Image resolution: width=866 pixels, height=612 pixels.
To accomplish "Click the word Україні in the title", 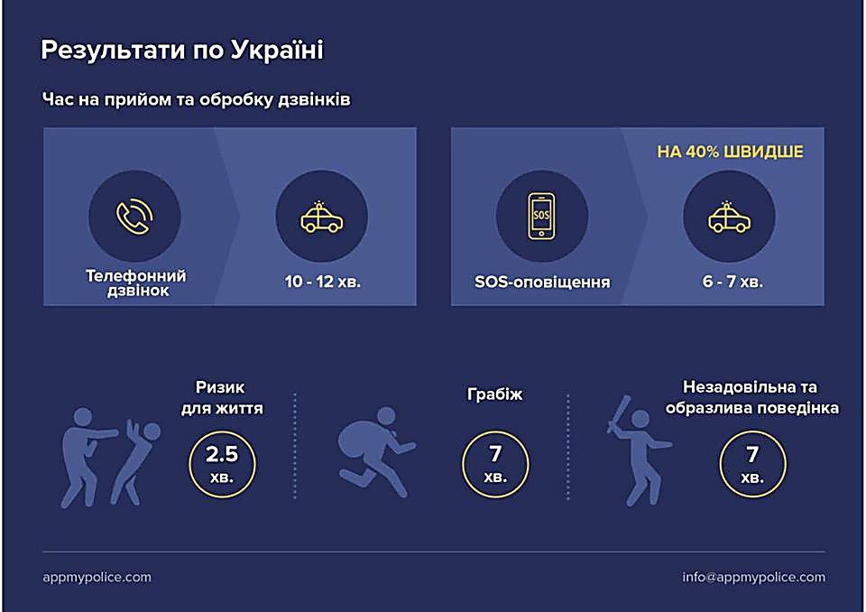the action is [x=276, y=50].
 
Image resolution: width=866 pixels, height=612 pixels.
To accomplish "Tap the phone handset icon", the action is [x=134, y=216].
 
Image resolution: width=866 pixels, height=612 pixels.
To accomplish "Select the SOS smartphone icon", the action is [x=541, y=216].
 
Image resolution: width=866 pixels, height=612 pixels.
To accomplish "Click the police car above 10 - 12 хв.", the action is [x=321, y=217].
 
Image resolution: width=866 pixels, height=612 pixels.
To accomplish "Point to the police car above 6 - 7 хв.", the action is [x=729, y=217].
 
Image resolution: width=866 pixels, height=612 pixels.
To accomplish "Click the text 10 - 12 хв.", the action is [x=323, y=282].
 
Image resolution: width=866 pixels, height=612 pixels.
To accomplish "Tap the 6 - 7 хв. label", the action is [x=732, y=282].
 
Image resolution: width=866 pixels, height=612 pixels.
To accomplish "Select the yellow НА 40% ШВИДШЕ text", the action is [x=730, y=152].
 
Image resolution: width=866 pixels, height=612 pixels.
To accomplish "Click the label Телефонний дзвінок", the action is [x=136, y=283].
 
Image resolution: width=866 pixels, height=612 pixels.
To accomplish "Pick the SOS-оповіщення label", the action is [x=542, y=282].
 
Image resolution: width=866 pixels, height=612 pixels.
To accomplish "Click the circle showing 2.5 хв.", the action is [x=222, y=463].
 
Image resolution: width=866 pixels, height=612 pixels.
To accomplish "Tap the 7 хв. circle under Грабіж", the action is [x=495, y=463].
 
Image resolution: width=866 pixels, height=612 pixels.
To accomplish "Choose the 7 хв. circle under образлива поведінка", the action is [x=752, y=463].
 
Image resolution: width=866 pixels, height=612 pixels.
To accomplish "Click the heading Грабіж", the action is [x=495, y=394].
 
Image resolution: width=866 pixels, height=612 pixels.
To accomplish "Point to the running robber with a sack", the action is [x=375, y=452].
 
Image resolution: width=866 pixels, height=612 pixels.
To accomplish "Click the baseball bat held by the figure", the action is [x=618, y=413].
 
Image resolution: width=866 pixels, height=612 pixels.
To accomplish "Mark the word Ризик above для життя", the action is [x=220, y=387].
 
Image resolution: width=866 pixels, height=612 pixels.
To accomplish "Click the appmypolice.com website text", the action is [x=97, y=577].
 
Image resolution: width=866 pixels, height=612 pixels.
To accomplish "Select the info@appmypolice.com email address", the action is [x=753, y=577].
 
